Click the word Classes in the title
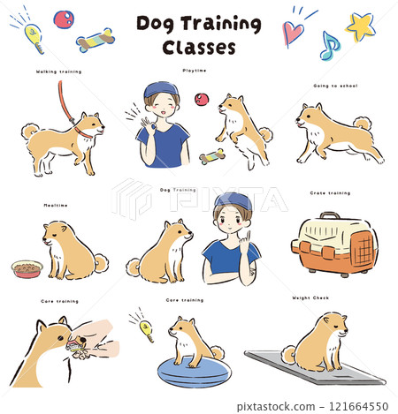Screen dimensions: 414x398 199,46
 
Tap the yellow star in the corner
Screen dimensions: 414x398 360,26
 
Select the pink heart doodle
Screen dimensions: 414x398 294,34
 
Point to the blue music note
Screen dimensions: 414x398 328,45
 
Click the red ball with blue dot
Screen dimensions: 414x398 64,19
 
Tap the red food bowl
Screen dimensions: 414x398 27,268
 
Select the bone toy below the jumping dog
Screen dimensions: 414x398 211,156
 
